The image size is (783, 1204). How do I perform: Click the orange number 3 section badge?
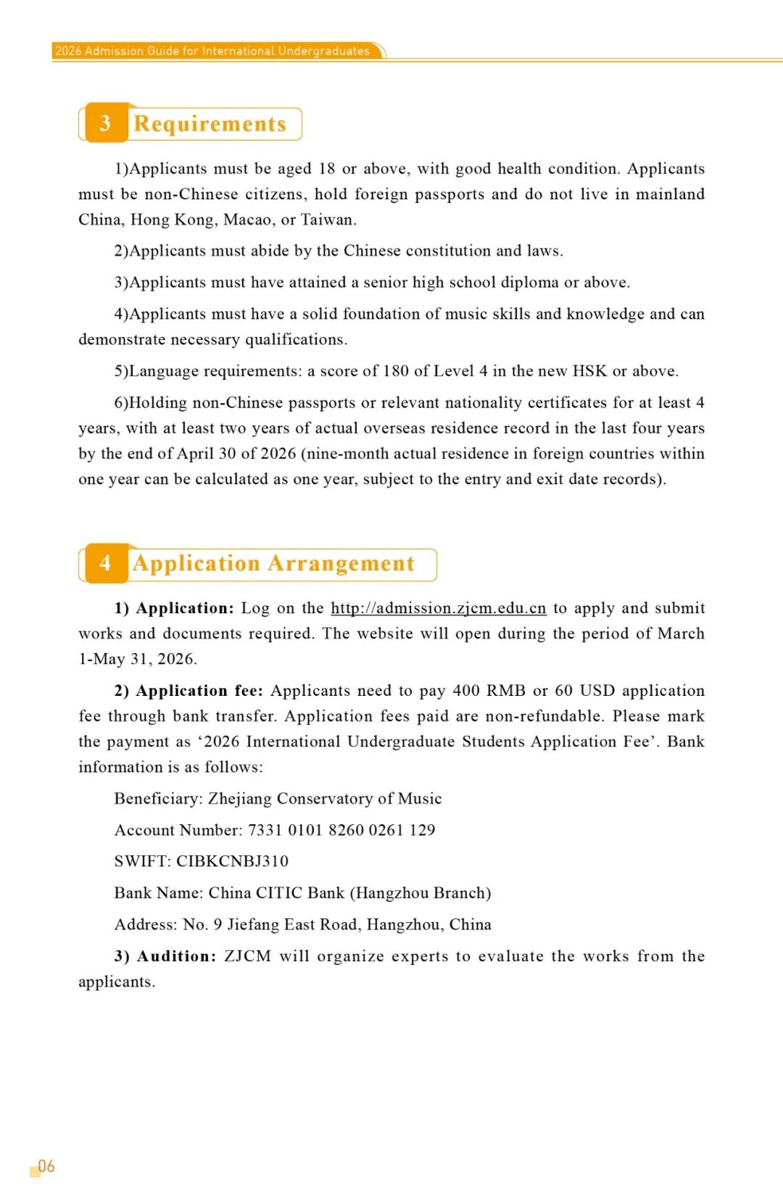[x=106, y=123]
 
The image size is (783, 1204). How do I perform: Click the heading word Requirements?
[x=210, y=124]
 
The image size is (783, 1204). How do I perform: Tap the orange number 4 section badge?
[x=106, y=563]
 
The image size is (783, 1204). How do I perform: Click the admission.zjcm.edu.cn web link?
[x=438, y=608]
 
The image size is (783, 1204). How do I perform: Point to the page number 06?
[x=46, y=1166]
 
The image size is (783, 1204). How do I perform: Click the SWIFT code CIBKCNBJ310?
[x=232, y=861]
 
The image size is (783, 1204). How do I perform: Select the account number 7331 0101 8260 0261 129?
[x=341, y=830]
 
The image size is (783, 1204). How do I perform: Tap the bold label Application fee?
[x=199, y=691]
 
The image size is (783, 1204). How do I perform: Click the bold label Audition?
[x=177, y=956]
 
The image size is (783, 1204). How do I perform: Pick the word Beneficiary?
[x=158, y=799]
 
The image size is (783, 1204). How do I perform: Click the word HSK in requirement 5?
[x=589, y=371]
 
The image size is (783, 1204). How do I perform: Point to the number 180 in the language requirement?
[x=396, y=371]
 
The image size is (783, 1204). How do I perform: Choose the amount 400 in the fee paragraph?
[x=466, y=691]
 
